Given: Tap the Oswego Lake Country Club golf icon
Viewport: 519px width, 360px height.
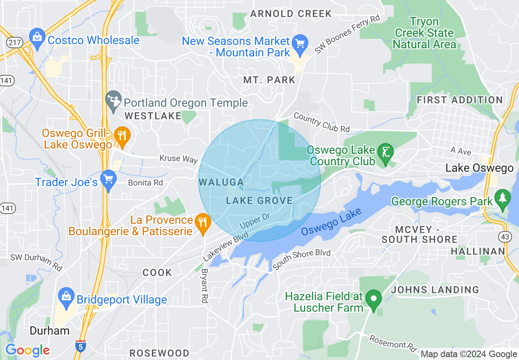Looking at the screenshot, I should pos(385,154).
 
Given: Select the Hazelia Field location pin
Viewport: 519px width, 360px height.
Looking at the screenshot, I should pos(373,300).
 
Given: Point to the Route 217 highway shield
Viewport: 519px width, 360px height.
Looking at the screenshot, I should pos(11,42).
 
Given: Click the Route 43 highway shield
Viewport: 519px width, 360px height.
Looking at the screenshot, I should pos(504,236).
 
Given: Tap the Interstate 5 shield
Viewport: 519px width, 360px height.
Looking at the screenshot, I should pos(81,346).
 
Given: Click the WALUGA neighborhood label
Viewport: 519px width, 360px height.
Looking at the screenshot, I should pos(221,181).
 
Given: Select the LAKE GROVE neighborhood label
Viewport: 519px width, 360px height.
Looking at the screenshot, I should pos(259,200).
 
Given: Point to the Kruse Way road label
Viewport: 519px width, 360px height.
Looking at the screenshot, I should pos(178,159).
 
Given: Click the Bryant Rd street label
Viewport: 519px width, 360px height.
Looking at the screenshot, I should pos(204,286).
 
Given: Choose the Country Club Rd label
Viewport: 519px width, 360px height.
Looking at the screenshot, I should pos(322,122).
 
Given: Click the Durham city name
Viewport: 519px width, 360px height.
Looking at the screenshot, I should pos(50,331).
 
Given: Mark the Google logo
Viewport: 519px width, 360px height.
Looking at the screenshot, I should pos(27,350).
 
